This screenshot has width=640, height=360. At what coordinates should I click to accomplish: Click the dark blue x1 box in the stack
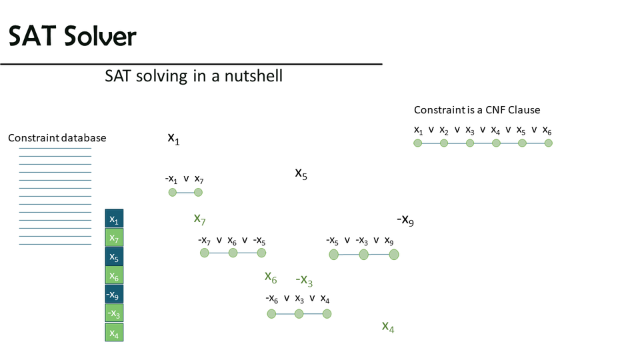[x=114, y=219]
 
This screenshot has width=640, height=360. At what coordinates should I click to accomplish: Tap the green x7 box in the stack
[x=114, y=237]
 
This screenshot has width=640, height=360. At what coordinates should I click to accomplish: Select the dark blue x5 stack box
[x=114, y=257]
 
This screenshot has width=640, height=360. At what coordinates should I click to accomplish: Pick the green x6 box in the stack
[x=114, y=275]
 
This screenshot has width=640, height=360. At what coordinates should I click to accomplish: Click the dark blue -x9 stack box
[x=114, y=294]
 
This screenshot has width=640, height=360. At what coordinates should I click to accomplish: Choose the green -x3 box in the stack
[x=114, y=313]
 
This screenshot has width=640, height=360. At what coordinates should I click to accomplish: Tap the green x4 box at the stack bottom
[x=114, y=332]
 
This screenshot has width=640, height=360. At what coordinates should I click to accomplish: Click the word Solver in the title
[x=100, y=36]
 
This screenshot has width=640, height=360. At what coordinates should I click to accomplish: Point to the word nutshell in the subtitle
[x=253, y=76]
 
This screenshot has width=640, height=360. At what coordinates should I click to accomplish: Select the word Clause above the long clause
[x=524, y=110]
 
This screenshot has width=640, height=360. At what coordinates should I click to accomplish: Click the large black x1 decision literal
[x=173, y=139]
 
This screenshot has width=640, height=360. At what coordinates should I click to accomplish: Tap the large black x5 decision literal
[x=301, y=173]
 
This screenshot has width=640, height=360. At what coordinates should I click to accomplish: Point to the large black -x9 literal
[x=405, y=219]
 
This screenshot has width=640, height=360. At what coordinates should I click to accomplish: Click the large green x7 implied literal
[x=199, y=219]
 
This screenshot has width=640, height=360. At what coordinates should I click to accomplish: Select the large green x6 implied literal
[x=271, y=277]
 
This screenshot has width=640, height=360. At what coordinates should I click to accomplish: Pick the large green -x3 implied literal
[x=304, y=280]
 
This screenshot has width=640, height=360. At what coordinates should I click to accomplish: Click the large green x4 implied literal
[x=388, y=327]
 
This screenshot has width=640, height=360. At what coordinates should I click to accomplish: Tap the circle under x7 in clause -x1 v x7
[x=199, y=192]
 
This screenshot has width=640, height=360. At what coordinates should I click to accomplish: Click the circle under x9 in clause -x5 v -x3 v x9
[x=394, y=255]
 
